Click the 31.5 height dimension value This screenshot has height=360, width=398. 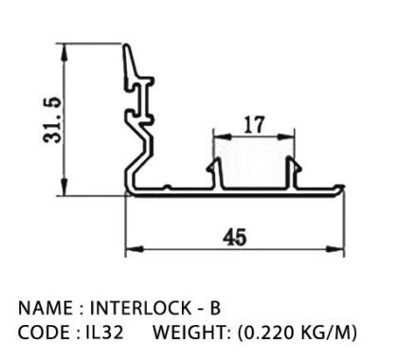[51, 120]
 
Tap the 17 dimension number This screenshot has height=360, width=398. [254, 124]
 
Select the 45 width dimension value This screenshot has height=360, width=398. [234, 237]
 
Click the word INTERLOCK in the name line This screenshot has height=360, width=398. [140, 308]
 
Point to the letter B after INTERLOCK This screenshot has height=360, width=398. [215, 308]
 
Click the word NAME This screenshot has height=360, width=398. [45, 308]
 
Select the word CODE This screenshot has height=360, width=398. [45, 333]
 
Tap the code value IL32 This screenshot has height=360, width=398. [104, 333]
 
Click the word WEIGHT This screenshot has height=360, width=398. [190, 333]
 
